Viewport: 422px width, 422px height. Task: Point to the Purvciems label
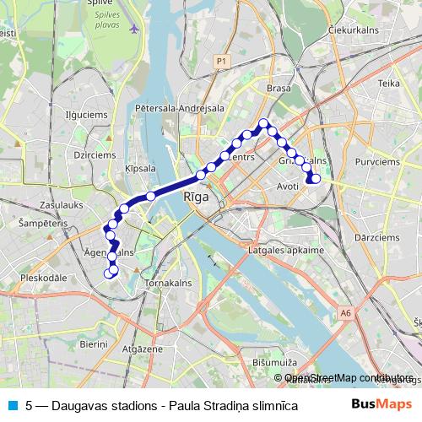(x=376, y=160)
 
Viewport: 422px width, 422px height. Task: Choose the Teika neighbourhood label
(x=388, y=84)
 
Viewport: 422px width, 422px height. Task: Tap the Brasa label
(x=278, y=89)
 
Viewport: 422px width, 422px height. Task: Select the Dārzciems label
(x=376, y=238)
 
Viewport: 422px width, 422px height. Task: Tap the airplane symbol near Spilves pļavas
(x=135, y=28)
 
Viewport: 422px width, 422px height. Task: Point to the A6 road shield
(x=345, y=313)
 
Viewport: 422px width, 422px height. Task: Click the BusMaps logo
(x=381, y=404)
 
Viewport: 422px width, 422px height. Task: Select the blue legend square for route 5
(x=11, y=405)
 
